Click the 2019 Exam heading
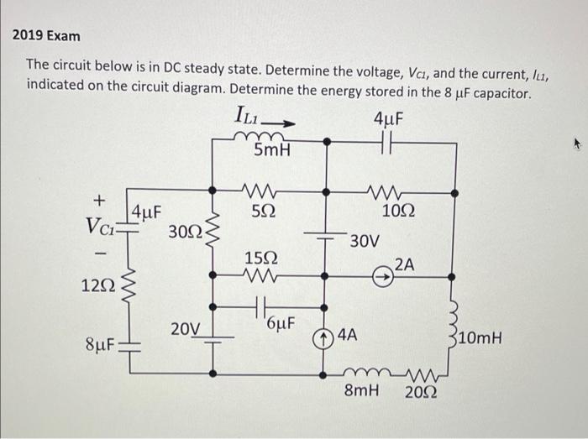click(x=47, y=36)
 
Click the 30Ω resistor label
click(x=184, y=230)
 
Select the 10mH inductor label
click(x=482, y=339)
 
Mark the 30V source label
click(x=365, y=241)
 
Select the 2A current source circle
click(x=385, y=273)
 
